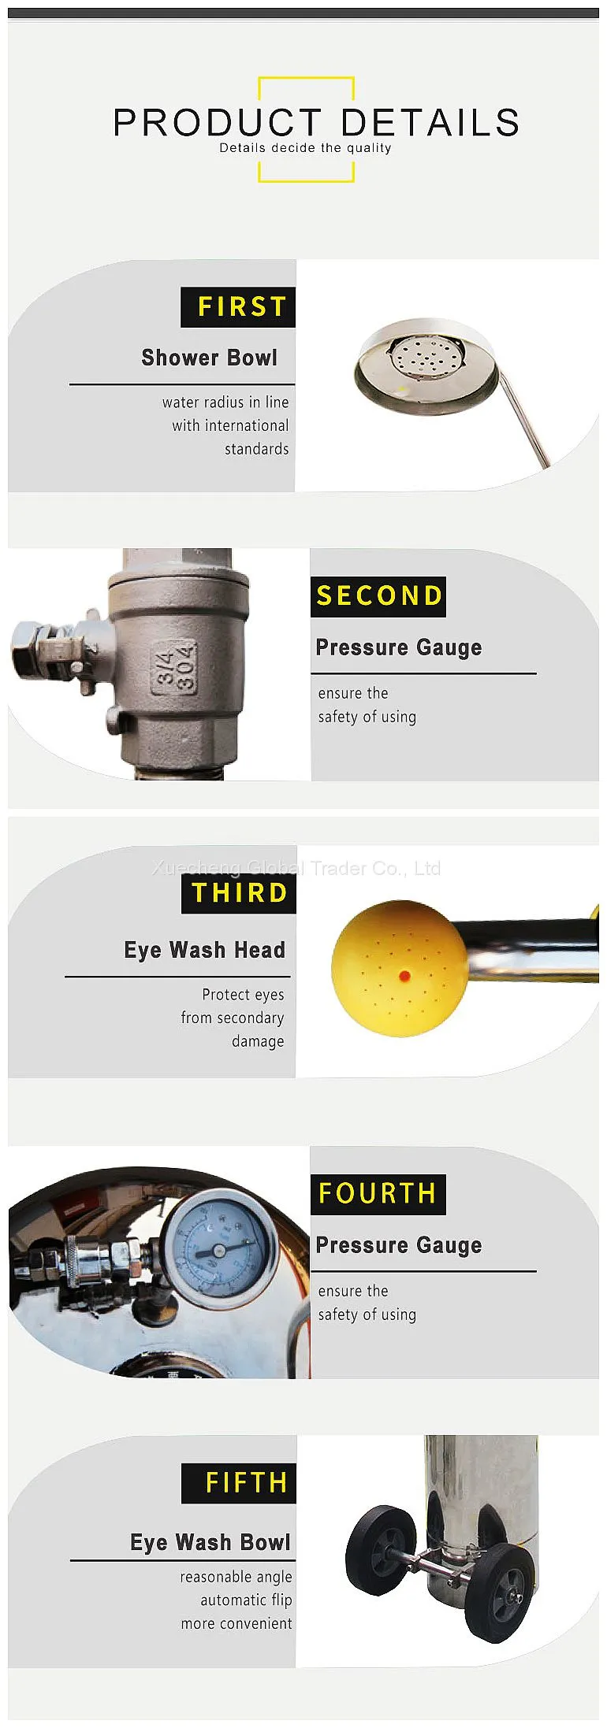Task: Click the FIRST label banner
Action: click(x=238, y=307)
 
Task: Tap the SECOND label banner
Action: click(x=378, y=596)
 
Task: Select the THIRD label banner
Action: click(x=239, y=893)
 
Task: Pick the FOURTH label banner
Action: click(x=378, y=1194)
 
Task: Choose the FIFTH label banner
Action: click(x=239, y=1484)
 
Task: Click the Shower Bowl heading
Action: click(x=210, y=358)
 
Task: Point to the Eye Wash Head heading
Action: click(x=205, y=950)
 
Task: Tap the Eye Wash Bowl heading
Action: click(x=210, y=1542)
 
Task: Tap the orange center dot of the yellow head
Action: click(x=404, y=976)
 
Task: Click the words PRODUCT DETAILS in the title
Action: click(x=316, y=123)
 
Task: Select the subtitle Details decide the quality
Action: click(x=305, y=148)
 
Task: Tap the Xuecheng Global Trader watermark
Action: click(x=296, y=868)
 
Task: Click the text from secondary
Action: click(x=233, y=1018)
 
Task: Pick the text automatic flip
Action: click(x=246, y=1600)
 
